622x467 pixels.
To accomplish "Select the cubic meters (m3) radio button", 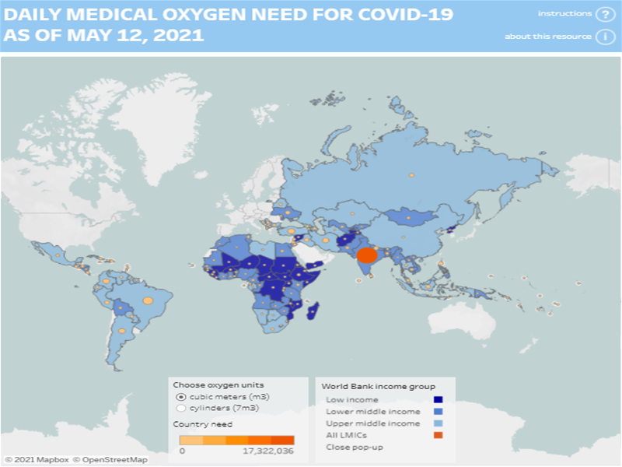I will coord(181,397).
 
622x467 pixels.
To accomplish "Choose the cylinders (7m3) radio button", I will coord(181,407).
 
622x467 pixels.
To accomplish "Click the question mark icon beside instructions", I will coord(603,14).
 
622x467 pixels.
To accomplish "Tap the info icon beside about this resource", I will coord(603,37).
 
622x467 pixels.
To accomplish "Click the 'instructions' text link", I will coord(564,14).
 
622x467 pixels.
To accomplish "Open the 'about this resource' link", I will coord(547,37).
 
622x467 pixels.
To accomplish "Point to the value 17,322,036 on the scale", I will coord(269,451).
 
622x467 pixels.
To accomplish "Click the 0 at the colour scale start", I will coord(183,451).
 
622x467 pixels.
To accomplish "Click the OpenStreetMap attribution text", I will coord(114,460).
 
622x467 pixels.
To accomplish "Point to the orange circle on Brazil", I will coord(147,300).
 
